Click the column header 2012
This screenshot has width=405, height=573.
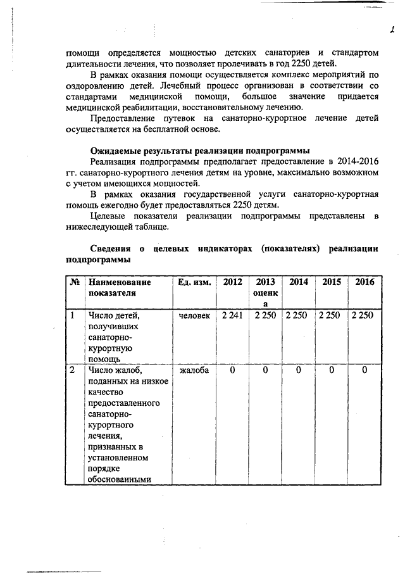tap(232, 282)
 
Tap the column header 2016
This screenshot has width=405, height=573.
tap(364, 282)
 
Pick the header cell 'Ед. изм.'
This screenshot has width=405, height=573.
tap(194, 282)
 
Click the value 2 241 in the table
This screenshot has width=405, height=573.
tap(232, 315)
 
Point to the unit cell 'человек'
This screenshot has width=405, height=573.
tap(194, 315)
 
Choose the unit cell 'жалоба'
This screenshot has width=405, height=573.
tap(194, 370)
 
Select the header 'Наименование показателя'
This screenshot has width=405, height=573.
tap(120, 287)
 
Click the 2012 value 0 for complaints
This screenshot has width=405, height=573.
tap(232, 370)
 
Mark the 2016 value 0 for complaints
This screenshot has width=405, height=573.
tap(364, 370)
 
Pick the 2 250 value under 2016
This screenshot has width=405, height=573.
tap(363, 315)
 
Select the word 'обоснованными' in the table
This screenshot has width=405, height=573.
tap(120, 479)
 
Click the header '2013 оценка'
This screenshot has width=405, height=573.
tap(265, 293)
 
